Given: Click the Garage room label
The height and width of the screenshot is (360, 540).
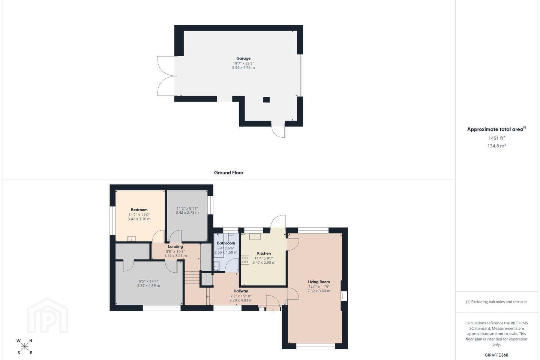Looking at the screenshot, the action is tap(243, 58).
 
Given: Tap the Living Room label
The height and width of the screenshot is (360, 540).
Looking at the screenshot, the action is tap(318, 282).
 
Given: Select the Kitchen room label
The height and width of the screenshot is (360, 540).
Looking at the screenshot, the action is tap(264, 253).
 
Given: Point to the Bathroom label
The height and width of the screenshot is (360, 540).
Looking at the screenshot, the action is tap(226, 243).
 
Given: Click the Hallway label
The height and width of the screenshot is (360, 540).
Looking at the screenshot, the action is tap(241, 291).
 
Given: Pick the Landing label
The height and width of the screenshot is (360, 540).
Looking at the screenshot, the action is tap(175, 246).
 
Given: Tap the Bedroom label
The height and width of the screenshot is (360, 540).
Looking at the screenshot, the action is tap(139, 210).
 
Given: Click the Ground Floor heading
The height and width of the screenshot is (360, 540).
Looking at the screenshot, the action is tap(228, 172).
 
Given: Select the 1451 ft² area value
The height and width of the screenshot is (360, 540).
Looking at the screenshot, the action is tap(496, 138).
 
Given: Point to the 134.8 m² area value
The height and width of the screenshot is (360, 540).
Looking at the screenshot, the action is tap(496, 145).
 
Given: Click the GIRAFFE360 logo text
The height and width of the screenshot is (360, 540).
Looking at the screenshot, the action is tap(496, 355).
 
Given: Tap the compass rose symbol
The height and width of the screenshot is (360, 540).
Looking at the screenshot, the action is tap(24, 347).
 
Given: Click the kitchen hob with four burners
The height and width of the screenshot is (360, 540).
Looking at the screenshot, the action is tap(245, 260).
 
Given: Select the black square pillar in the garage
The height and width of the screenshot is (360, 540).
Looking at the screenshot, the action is tap(266, 100).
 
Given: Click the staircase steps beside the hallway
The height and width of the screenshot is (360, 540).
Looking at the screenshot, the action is tap(192, 277).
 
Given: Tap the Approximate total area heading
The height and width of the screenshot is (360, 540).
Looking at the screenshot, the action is tap(496, 129).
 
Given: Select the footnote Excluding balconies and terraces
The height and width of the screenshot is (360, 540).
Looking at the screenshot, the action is tap(496, 301).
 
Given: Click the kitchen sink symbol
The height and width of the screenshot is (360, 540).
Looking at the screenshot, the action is tap(255, 237).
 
